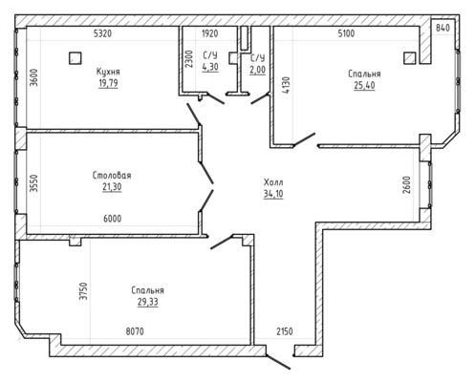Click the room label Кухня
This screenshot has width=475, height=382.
coord(108,72)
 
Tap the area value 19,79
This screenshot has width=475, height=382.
coord(108,83)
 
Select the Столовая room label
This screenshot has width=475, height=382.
coord(112,175)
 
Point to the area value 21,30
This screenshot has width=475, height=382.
coord(112,187)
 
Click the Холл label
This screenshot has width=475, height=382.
coord(273,182)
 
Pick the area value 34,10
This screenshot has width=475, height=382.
coord(273,194)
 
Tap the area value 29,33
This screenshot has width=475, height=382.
coord(148,302)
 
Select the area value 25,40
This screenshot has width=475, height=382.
coord(364,85)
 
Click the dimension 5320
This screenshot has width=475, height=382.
coord(103,33)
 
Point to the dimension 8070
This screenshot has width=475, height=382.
coord(135,331)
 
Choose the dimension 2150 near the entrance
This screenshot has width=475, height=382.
coord(285,331)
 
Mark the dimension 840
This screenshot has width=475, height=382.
coord(443,28)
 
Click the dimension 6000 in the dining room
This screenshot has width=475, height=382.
coord(113,219)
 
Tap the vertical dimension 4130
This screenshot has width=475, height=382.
coord(287,85)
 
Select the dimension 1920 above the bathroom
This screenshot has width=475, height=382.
coord(210,33)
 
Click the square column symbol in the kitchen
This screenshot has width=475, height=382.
coord(76,58)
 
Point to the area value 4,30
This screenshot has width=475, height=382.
coord(210,67)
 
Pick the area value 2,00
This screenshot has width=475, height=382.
coord(257,70)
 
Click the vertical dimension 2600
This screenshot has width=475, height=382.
coord(406,184)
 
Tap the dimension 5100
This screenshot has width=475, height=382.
coord(346,33)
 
